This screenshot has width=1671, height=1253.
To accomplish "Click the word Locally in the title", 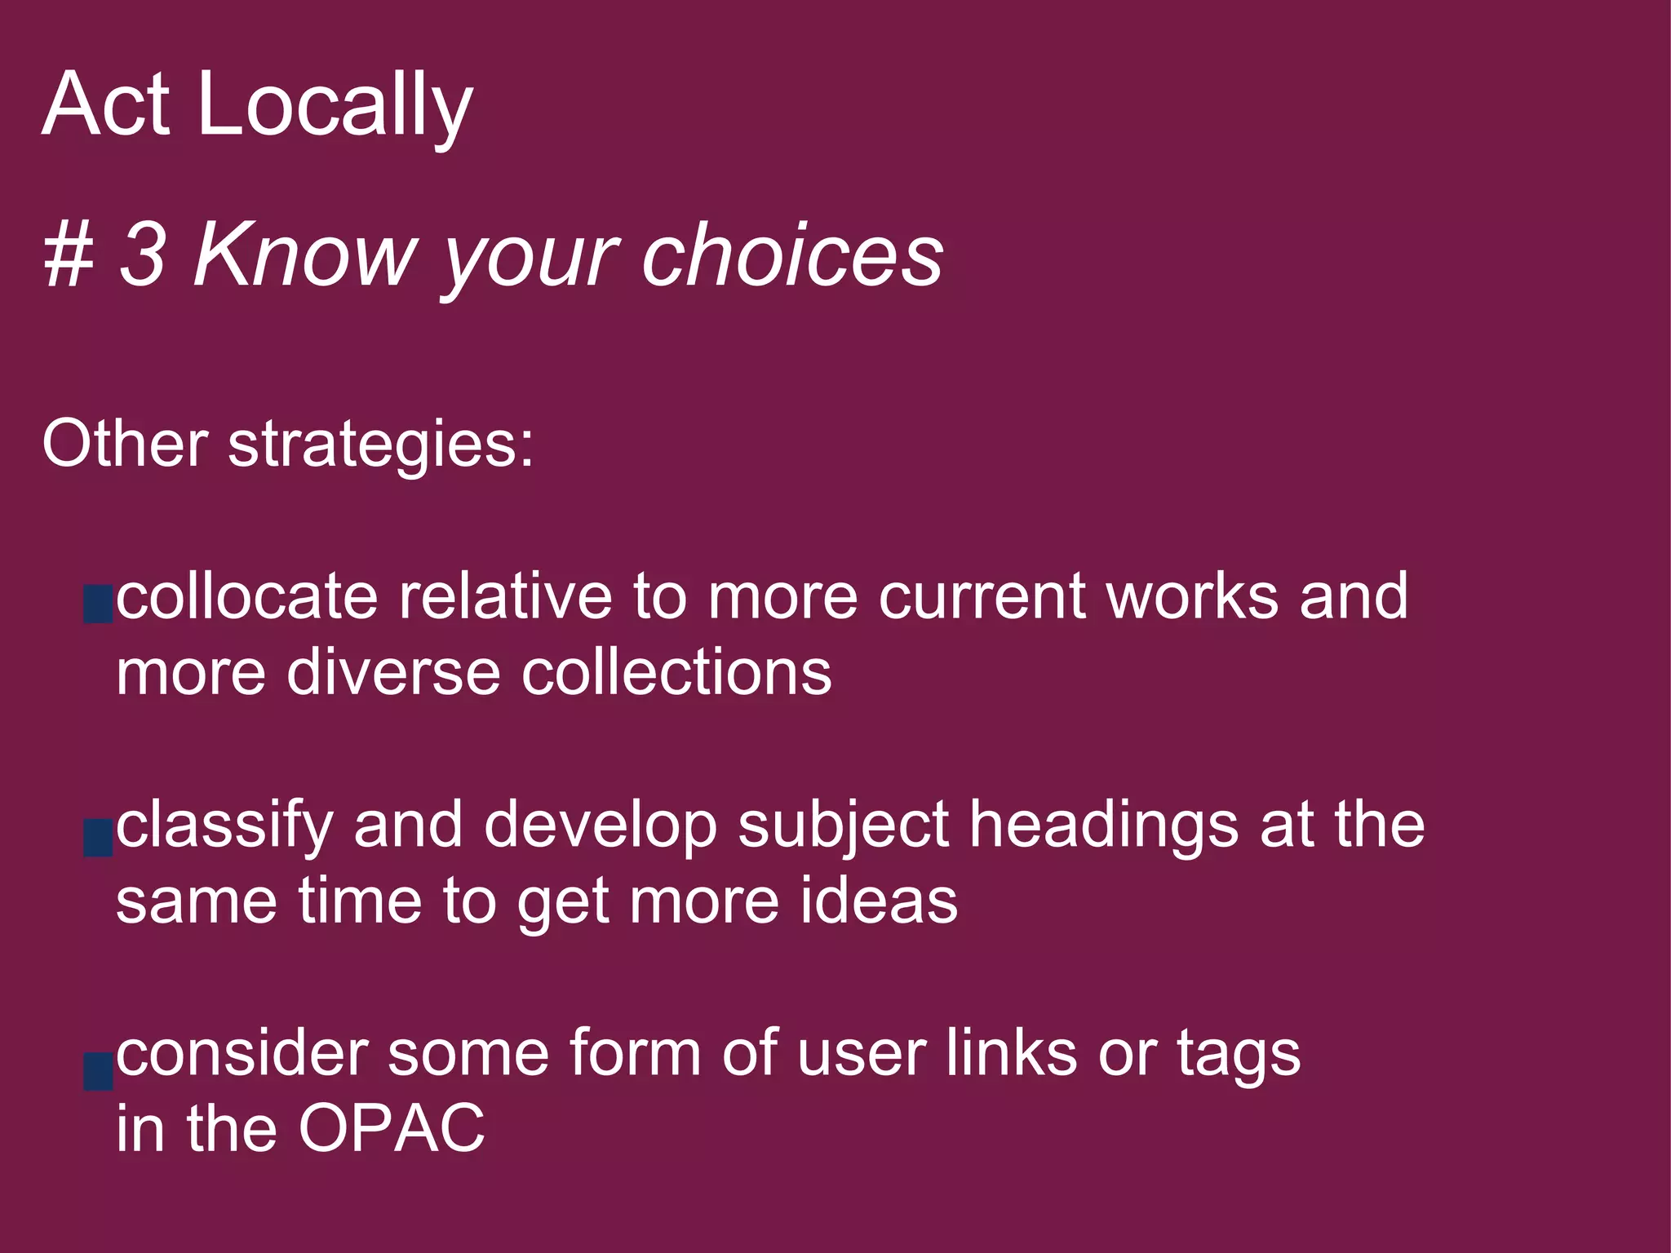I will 335,104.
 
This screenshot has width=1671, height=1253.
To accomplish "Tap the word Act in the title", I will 106,104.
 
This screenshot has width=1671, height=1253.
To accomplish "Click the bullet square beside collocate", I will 98,604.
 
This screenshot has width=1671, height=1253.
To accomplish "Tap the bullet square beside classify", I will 98,839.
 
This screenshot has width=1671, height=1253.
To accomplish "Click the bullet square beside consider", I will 98,1071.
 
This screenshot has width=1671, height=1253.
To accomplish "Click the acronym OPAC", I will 392,1129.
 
